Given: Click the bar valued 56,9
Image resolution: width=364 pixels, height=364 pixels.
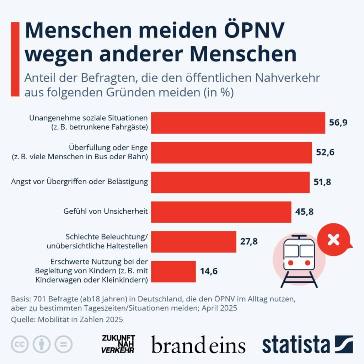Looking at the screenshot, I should [x=238, y=123].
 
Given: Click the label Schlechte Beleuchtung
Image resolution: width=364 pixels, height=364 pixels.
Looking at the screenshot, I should [x=107, y=237].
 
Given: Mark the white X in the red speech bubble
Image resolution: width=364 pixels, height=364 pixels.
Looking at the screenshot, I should [x=333, y=240].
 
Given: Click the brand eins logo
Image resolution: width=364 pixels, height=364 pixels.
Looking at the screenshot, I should [x=198, y=345].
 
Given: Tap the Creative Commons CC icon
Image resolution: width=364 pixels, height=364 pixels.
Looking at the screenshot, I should [x=20, y=344].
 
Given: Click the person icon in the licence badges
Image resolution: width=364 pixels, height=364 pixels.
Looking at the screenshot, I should [x=42, y=344].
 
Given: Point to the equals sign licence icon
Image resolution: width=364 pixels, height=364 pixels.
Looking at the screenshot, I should [x=63, y=344].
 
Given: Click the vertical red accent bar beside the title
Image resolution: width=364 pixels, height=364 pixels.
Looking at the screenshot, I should [x=15, y=59].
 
